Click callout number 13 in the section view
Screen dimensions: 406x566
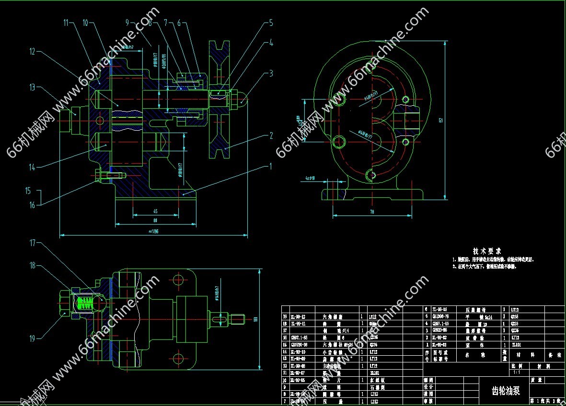33,87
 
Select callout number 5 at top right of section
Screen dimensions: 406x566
271,23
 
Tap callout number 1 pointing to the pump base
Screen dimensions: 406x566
270,166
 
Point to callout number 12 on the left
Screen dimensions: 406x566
33,51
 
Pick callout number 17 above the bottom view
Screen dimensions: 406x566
33,243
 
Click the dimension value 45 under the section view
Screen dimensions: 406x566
155,211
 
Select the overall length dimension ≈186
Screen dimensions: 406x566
153,232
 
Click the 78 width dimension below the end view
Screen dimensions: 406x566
371,211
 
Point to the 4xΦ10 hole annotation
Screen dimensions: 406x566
310,179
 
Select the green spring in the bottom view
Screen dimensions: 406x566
85,303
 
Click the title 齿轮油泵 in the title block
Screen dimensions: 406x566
503,390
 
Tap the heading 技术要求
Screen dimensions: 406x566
487,251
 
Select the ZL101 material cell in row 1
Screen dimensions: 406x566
517,344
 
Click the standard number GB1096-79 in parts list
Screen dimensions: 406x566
440,316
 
